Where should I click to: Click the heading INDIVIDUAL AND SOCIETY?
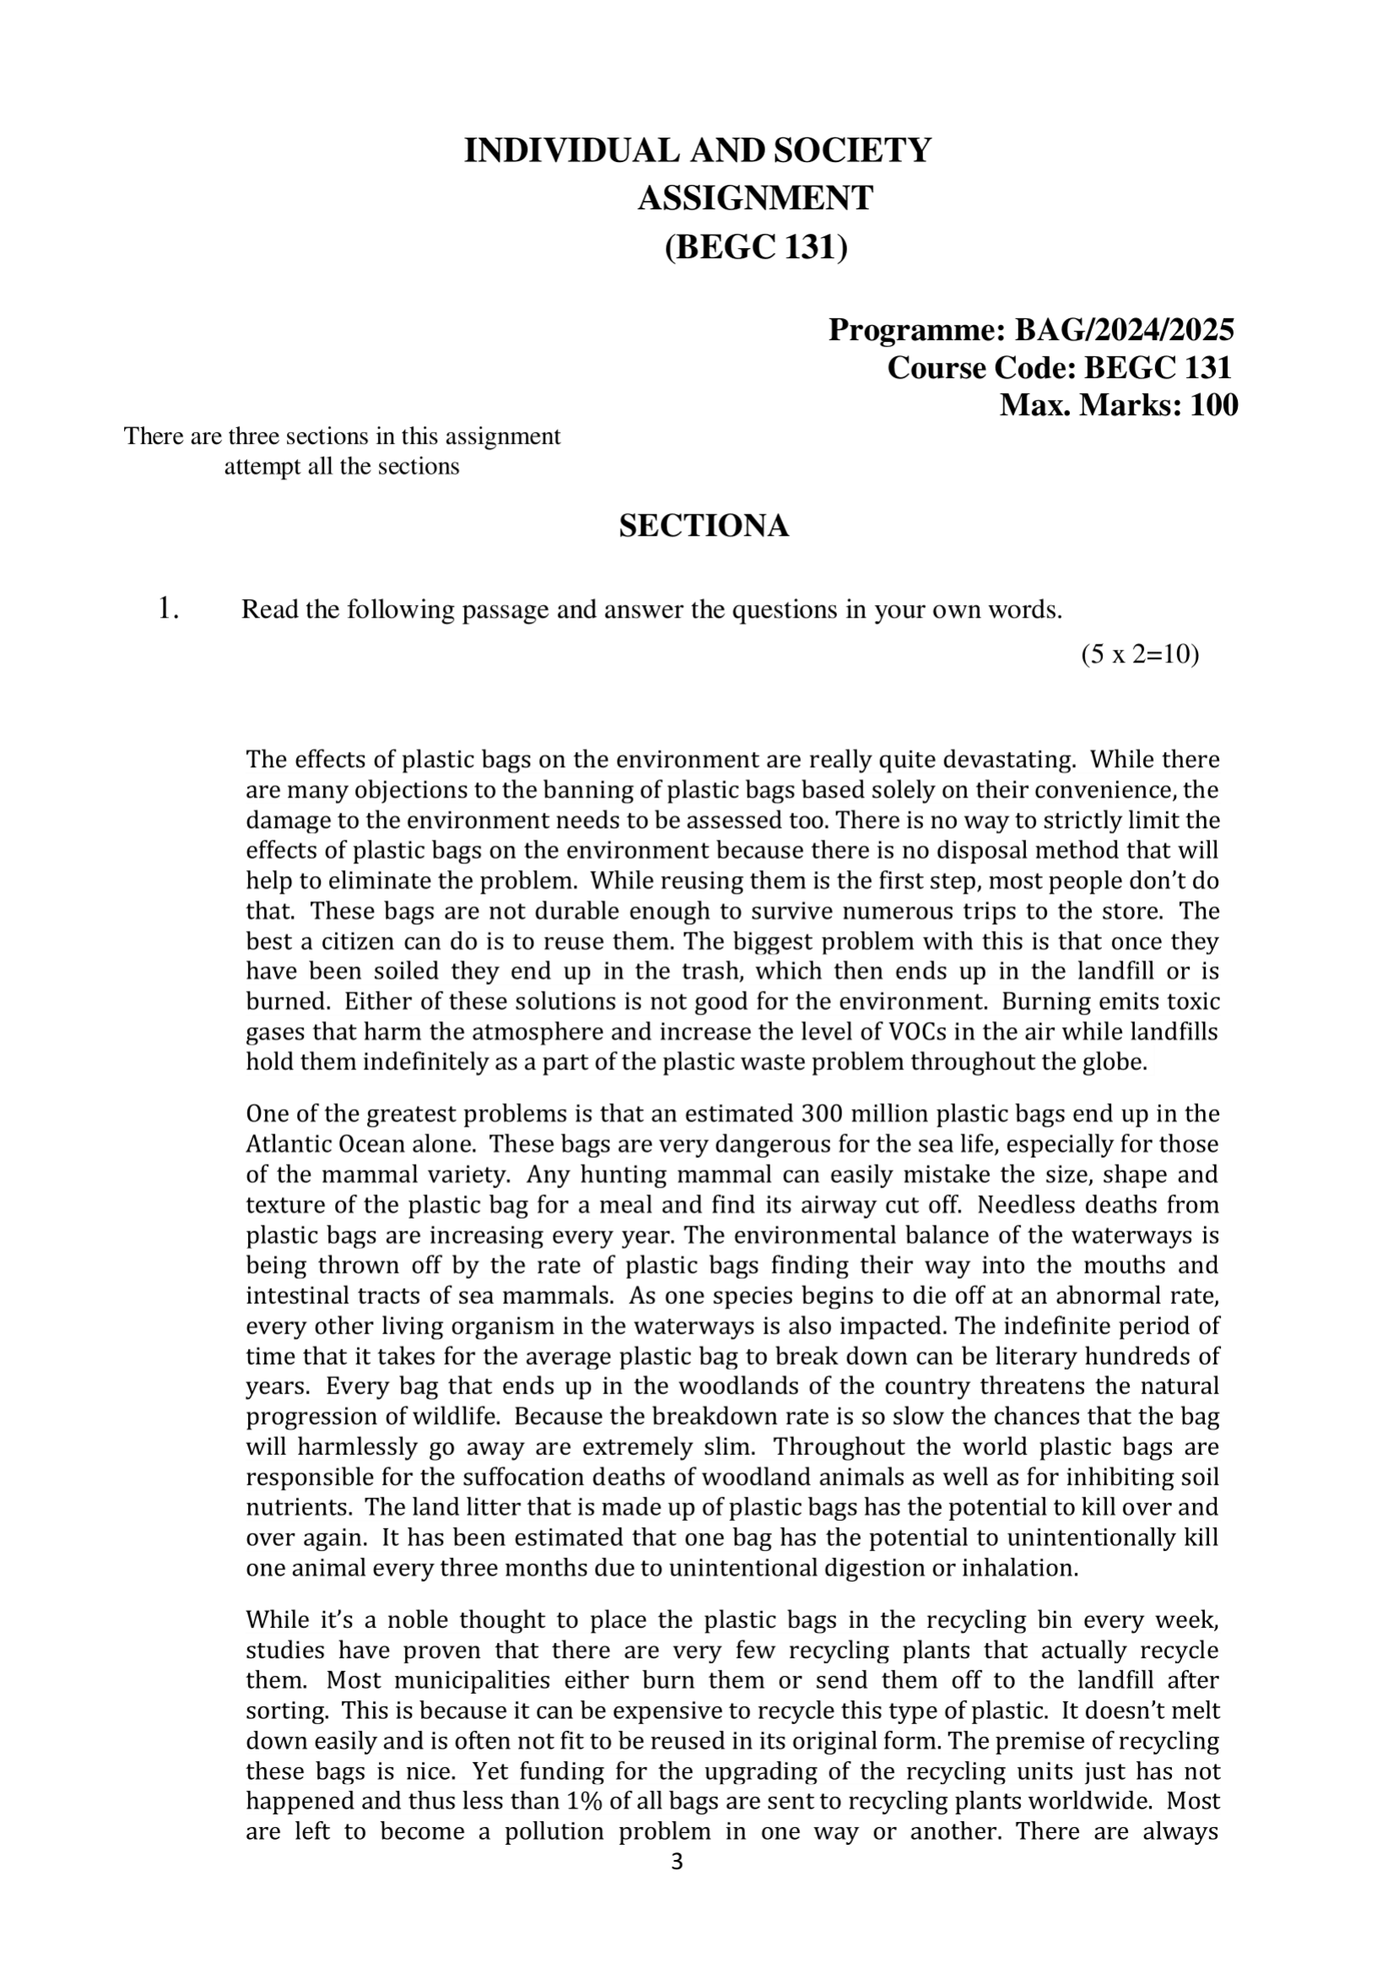(697, 151)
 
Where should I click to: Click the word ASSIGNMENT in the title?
(755, 198)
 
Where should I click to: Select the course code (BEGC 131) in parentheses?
(756, 247)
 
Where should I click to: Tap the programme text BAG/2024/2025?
(1124, 329)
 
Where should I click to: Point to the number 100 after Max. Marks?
(1213, 405)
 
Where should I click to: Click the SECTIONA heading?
(704, 526)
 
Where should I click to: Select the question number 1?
(168, 609)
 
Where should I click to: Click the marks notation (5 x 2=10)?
(1140, 655)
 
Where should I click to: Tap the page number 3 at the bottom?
(677, 1862)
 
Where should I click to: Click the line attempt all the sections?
(342, 468)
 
